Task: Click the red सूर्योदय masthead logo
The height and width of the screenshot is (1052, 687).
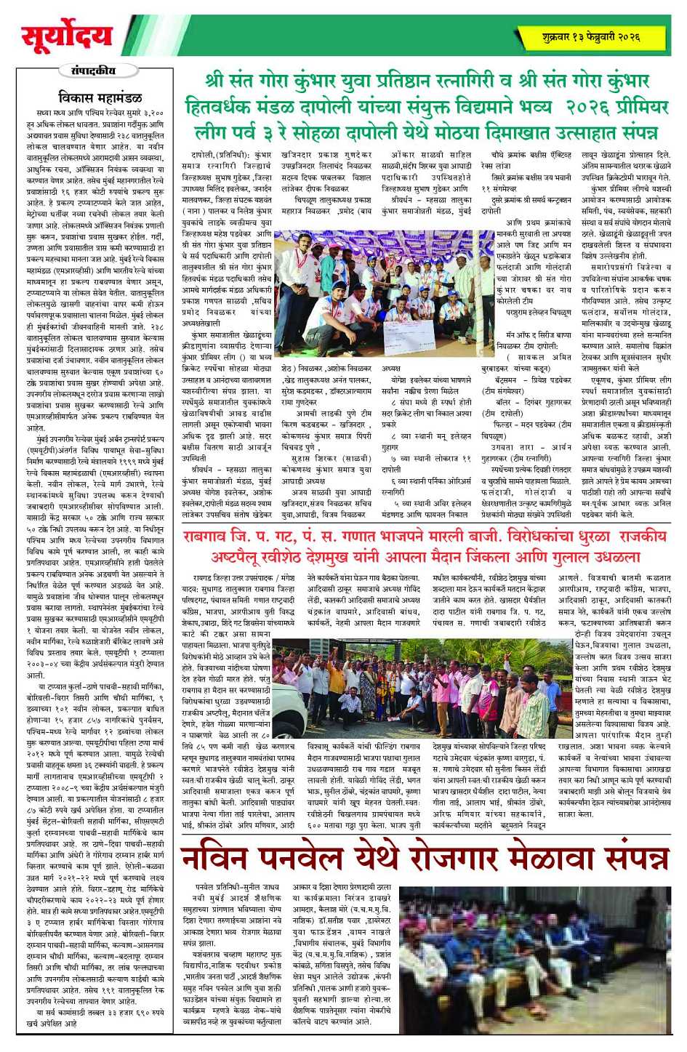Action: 67,36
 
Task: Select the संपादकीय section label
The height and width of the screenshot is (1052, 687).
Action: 93,71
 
